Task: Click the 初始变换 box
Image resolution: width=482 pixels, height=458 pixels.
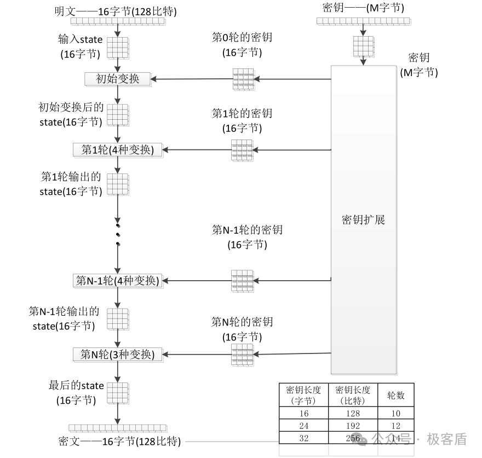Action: [x=118, y=79]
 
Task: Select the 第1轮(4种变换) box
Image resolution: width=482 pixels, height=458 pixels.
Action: [x=118, y=149]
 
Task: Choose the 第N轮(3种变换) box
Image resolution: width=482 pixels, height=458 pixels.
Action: [x=118, y=355]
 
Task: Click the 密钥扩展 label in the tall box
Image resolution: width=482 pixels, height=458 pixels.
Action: [x=363, y=220]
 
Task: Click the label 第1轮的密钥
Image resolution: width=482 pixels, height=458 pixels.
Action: [x=242, y=114]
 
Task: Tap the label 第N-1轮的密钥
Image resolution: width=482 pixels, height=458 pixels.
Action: [x=247, y=230]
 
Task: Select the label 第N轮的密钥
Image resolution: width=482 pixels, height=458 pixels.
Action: [x=242, y=322]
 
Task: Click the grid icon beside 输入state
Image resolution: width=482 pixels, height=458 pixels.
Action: [x=117, y=47]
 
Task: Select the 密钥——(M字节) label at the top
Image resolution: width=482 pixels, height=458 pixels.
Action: [x=364, y=9]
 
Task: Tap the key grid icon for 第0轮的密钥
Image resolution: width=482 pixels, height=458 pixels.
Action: [x=244, y=79]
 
